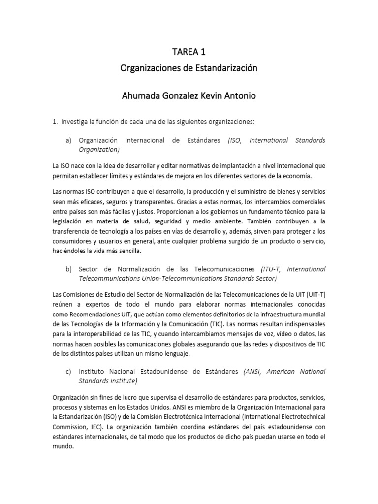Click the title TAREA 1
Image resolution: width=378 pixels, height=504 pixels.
tap(189, 52)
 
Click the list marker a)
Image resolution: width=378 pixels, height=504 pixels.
tap(69, 140)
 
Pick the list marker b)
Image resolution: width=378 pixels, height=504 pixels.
tap(69, 269)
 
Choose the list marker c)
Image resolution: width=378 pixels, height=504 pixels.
tap(69, 371)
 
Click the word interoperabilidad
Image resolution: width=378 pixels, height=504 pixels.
tap(92, 335)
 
